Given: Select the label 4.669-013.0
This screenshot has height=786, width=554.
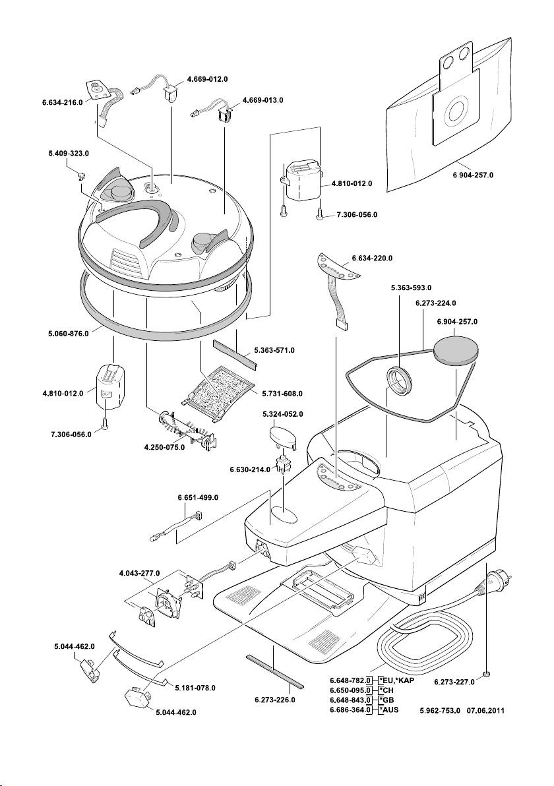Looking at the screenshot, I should [x=262, y=100].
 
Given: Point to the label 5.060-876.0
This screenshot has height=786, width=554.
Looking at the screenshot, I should [x=59, y=334].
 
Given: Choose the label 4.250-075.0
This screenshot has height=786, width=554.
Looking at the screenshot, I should [x=164, y=448].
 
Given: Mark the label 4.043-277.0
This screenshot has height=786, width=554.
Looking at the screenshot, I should [x=140, y=573].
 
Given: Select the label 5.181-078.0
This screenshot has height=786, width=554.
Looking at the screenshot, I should [x=195, y=688].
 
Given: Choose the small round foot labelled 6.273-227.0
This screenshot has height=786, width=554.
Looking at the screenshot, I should [x=486, y=673].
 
